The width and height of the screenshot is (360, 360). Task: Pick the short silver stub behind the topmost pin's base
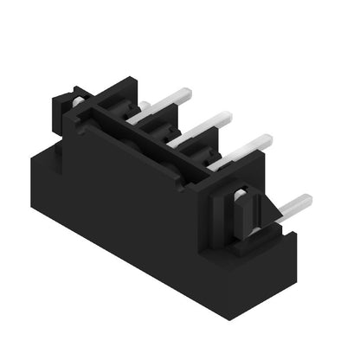[145, 106]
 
